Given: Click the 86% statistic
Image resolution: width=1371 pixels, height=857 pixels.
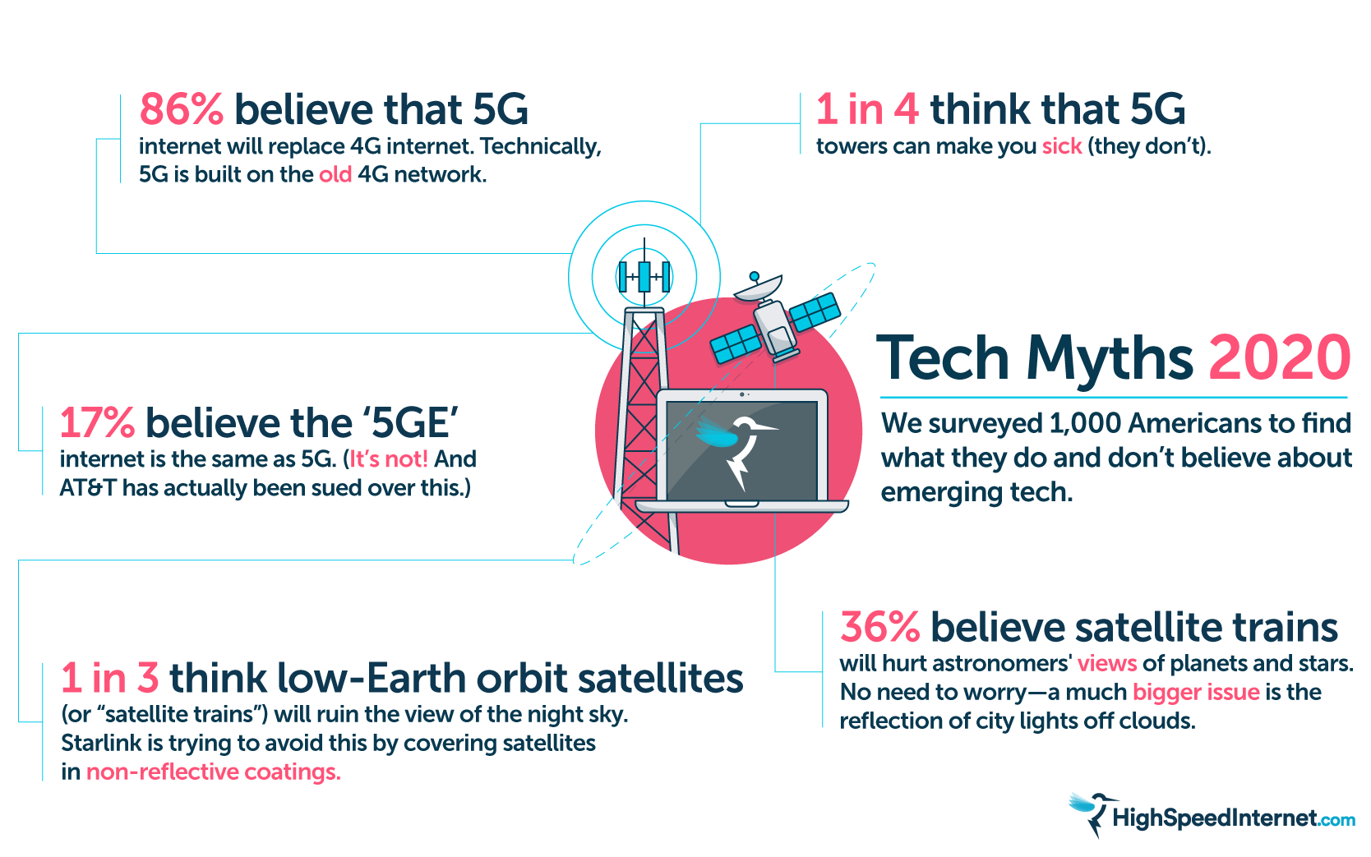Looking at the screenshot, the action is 181,109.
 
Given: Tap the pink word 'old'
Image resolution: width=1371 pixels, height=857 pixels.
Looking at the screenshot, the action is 335,174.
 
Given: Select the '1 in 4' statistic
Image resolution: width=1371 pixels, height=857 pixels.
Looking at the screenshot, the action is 867,109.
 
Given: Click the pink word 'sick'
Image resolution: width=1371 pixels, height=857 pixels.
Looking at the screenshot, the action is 1062,146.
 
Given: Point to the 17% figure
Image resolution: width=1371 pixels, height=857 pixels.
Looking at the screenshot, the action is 97,422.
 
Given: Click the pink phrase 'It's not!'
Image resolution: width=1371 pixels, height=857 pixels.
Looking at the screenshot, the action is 388,458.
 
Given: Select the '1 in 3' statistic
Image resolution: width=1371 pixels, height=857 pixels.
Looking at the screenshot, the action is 110,678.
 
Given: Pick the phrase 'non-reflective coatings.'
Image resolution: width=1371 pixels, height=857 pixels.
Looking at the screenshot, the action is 214,772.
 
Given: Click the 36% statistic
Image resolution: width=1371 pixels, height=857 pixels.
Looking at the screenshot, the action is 879,627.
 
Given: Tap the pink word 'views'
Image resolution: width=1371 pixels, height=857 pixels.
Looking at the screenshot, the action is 1106,663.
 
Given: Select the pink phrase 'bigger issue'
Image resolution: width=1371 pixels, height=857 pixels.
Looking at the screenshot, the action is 1196,692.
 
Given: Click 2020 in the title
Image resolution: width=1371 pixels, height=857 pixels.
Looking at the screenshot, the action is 1279,358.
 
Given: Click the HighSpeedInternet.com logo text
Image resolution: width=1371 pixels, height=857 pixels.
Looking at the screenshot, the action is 1233,818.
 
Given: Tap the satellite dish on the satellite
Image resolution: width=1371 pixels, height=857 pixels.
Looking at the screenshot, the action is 757,286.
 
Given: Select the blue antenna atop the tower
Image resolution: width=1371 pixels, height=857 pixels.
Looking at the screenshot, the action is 644,276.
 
